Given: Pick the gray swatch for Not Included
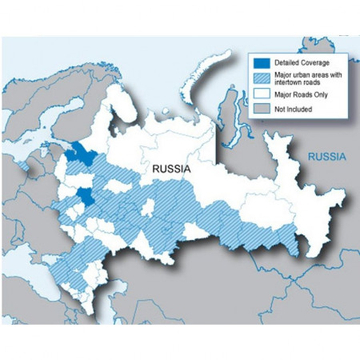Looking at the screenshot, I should click(259, 108).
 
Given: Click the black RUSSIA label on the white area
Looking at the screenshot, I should click(167, 170).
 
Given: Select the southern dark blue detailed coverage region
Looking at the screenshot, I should click(86, 198).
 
